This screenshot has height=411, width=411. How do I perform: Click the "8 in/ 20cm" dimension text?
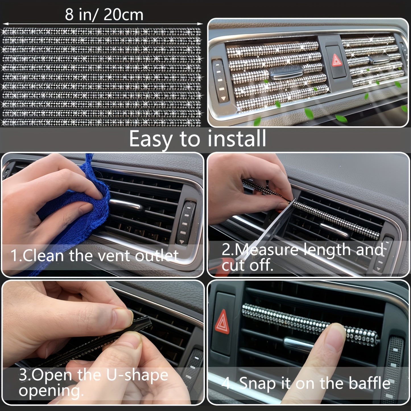coord(104,15)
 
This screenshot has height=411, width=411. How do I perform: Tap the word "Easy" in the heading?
coord(150,139)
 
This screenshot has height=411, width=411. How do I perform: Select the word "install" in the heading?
coord(237,139)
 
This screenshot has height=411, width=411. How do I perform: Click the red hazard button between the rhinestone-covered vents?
coord(337,60)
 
